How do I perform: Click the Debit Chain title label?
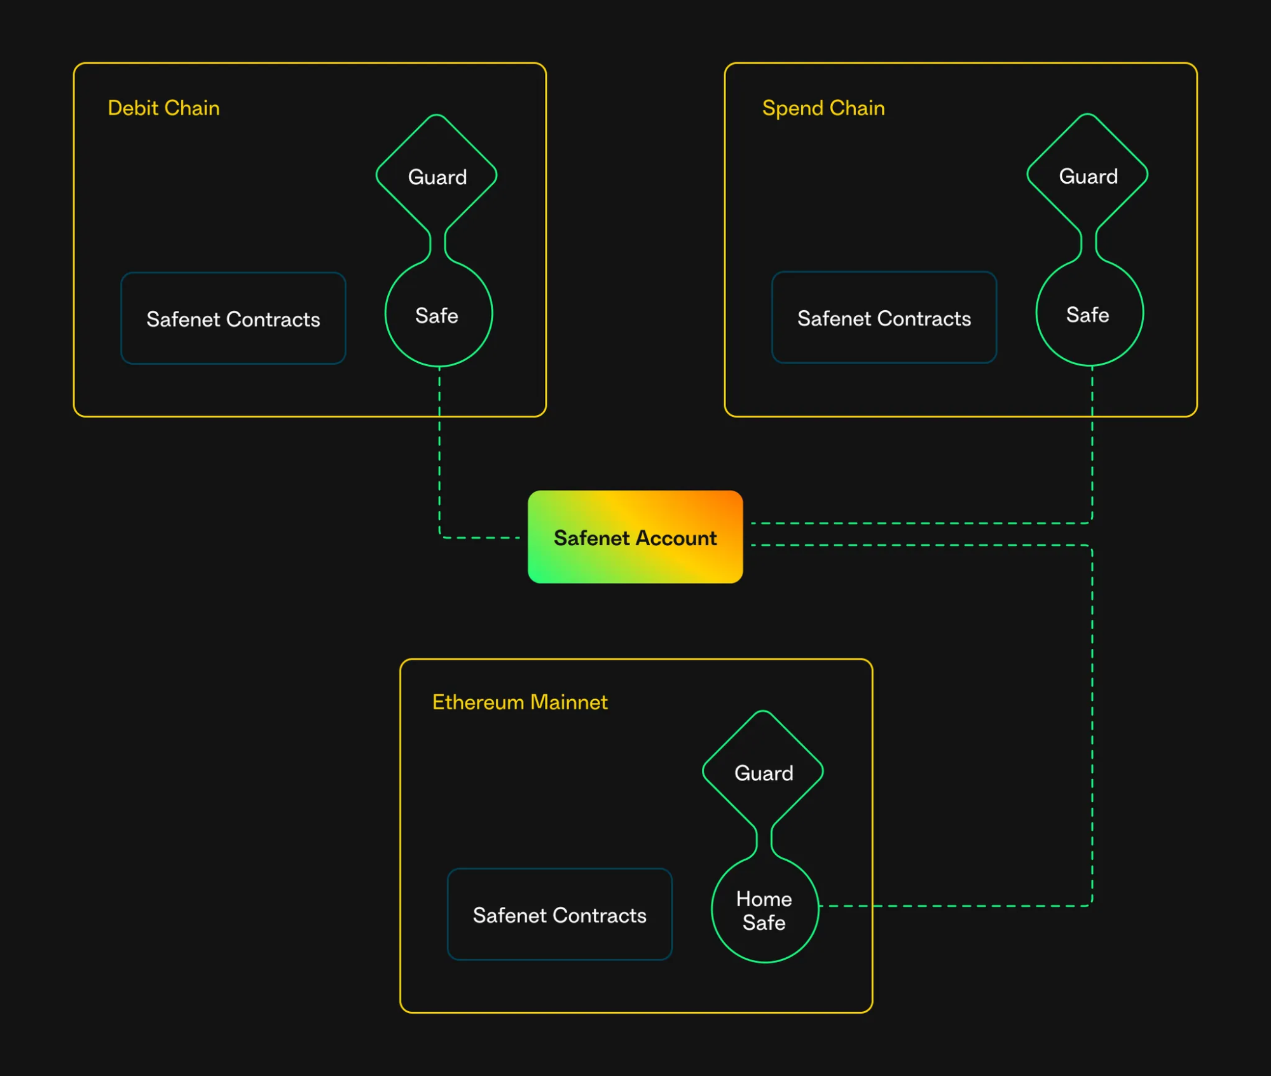pos(163,108)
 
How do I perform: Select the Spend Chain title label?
pos(823,108)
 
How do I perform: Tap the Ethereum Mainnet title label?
pos(519,702)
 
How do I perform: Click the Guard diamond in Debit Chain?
pos(437,176)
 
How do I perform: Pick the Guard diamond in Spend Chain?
pos(1087,175)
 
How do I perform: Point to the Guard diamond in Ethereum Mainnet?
pos(763,772)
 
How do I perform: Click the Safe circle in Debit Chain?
pos(437,315)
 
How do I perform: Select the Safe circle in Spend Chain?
pos(1089,315)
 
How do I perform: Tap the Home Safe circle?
pos(764,910)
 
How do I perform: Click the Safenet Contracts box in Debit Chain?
pos(233,318)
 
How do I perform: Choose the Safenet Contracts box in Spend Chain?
pos(884,318)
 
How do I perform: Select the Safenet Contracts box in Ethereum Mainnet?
pos(560,915)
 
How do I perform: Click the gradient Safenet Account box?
pos(635,537)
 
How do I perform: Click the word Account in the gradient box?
pos(676,538)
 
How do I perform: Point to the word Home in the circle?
pos(764,899)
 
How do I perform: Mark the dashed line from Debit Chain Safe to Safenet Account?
pos(439,458)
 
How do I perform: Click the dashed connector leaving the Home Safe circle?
pos(954,906)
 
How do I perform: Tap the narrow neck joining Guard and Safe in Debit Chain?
pos(437,244)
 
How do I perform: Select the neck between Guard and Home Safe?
pos(764,840)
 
